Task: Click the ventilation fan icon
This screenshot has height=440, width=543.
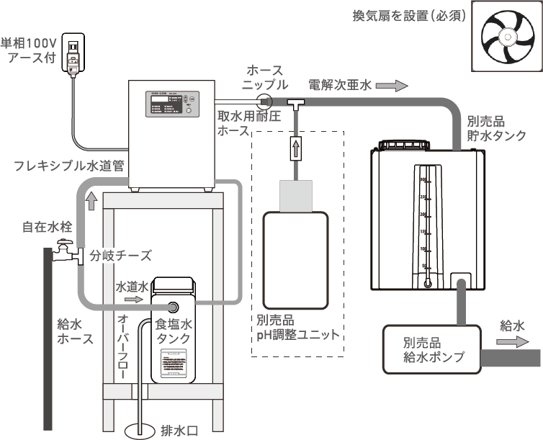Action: pyautogui.click(x=506, y=36)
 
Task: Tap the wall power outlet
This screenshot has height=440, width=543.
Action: pyautogui.click(x=73, y=52)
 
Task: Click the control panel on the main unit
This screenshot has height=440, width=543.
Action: pyautogui.click(x=171, y=105)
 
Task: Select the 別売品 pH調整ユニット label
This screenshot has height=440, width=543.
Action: pyautogui.click(x=297, y=328)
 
